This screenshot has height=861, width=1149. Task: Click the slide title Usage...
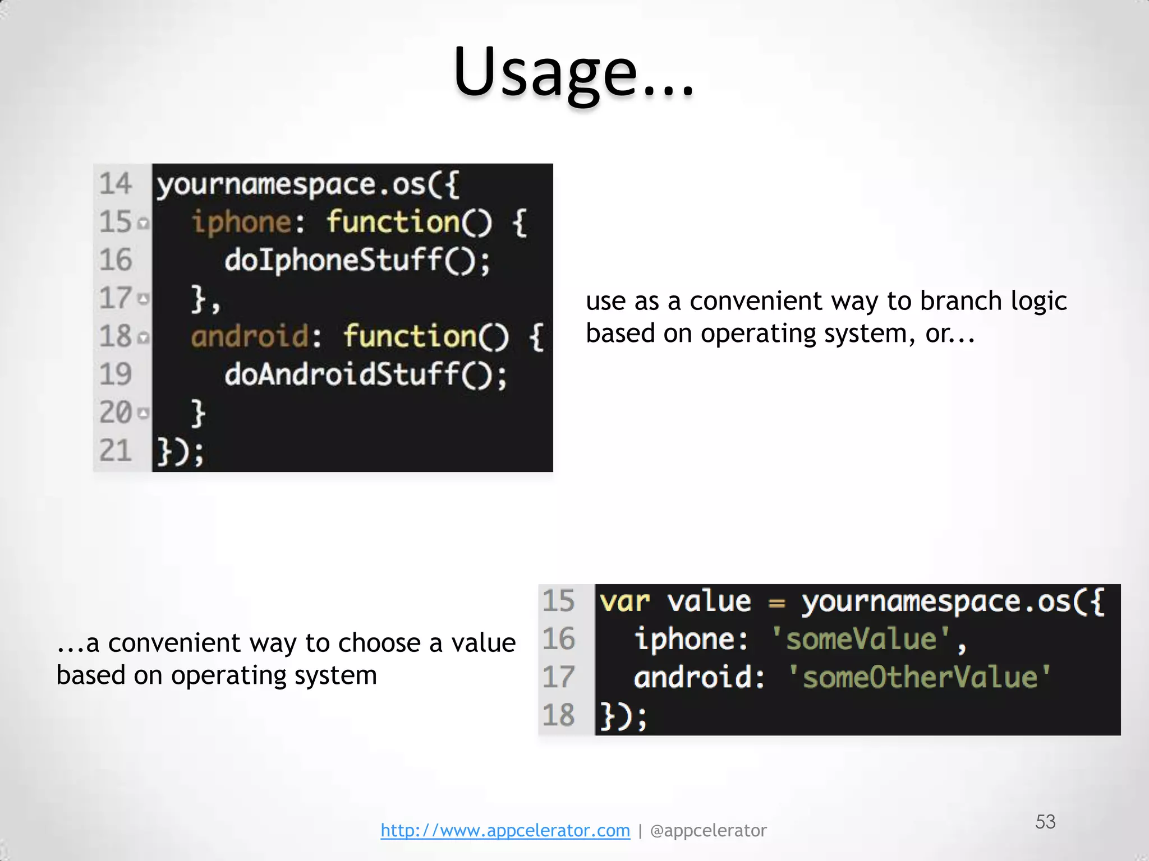573,73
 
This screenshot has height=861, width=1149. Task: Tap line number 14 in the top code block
116,184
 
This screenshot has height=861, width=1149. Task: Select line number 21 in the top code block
116,451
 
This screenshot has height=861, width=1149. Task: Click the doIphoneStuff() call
357,261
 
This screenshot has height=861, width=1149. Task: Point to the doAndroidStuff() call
365,375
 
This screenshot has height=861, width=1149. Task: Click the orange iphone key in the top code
241,222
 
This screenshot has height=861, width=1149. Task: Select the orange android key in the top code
250,336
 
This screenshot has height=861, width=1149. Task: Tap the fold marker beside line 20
144,414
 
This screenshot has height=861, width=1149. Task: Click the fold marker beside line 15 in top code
144,224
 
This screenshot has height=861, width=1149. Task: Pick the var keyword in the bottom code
624,602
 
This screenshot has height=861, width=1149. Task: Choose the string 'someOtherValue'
920,677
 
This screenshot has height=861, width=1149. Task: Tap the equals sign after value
776,603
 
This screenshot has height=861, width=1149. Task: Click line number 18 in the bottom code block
559,715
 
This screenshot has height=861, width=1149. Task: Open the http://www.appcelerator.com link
505,830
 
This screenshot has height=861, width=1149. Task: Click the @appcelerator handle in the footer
708,830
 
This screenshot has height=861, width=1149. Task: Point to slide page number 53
1045,822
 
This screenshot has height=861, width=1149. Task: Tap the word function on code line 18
410,336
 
